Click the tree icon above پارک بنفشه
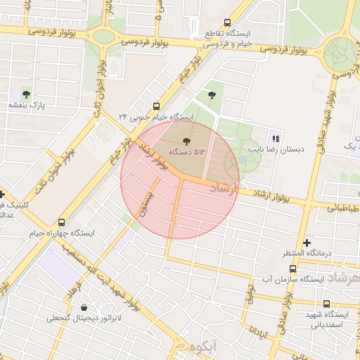(27, 94)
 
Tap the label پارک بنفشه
(27, 105)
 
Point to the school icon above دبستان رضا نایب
(275, 138)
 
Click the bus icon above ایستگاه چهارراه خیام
(62, 221)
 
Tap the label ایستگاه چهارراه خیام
(62, 232)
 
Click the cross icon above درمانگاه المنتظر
(307, 242)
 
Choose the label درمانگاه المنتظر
(307, 253)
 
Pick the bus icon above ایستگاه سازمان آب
(292, 269)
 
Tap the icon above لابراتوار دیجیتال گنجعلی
(84, 307)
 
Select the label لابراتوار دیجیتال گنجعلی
(84, 318)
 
